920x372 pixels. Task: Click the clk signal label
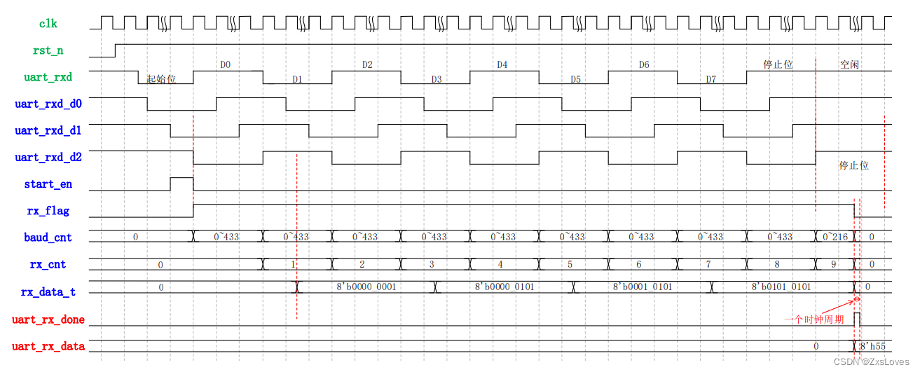point(48,24)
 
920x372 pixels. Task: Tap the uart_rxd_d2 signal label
point(48,158)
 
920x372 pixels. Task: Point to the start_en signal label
point(48,184)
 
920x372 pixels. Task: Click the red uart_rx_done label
point(48,320)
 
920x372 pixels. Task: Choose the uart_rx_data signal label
point(48,346)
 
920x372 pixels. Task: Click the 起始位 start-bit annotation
point(161,79)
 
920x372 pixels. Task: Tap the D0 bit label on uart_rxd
point(226,65)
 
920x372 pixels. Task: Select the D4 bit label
point(502,65)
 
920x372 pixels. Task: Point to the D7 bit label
point(710,79)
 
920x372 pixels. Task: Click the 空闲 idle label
point(849,65)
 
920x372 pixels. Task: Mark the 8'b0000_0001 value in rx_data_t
point(366,287)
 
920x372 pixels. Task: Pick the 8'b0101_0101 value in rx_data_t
point(781,287)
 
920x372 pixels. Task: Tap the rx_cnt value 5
point(570,265)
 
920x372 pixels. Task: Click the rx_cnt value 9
point(833,265)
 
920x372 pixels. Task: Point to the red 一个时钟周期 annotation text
point(813,319)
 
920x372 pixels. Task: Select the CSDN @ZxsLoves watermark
point(871,361)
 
